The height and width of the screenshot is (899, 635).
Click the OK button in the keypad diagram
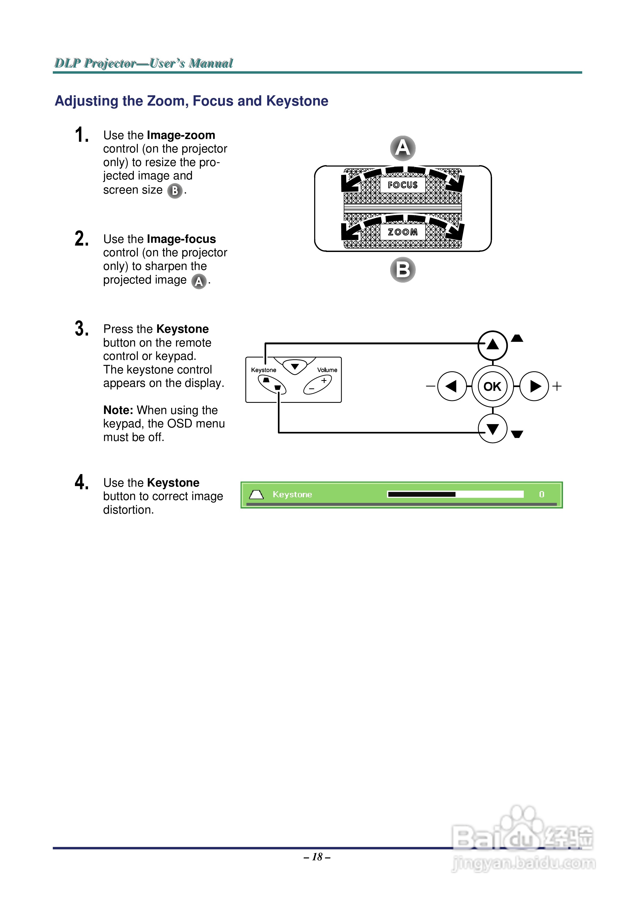[492, 387]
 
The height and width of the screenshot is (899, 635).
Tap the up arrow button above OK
[493, 345]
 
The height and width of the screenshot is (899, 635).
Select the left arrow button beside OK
[452, 387]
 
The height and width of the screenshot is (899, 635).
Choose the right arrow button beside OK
[534, 387]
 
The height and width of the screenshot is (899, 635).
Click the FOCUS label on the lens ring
[403, 185]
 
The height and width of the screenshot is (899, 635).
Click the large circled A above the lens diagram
[403, 148]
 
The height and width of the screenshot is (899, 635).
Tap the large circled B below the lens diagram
[403, 270]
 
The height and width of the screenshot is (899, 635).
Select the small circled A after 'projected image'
[199, 281]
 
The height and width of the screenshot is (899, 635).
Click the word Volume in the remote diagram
[327, 370]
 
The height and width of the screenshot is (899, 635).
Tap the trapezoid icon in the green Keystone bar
[256, 495]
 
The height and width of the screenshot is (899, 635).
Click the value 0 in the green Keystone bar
[541, 495]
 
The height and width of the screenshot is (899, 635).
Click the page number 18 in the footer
[317, 857]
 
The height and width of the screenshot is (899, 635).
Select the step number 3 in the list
[81, 329]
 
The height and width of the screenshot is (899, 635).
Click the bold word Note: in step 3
[118, 410]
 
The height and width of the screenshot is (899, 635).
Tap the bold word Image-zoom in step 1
[181, 135]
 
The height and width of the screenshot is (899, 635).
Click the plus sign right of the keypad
[557, 387]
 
